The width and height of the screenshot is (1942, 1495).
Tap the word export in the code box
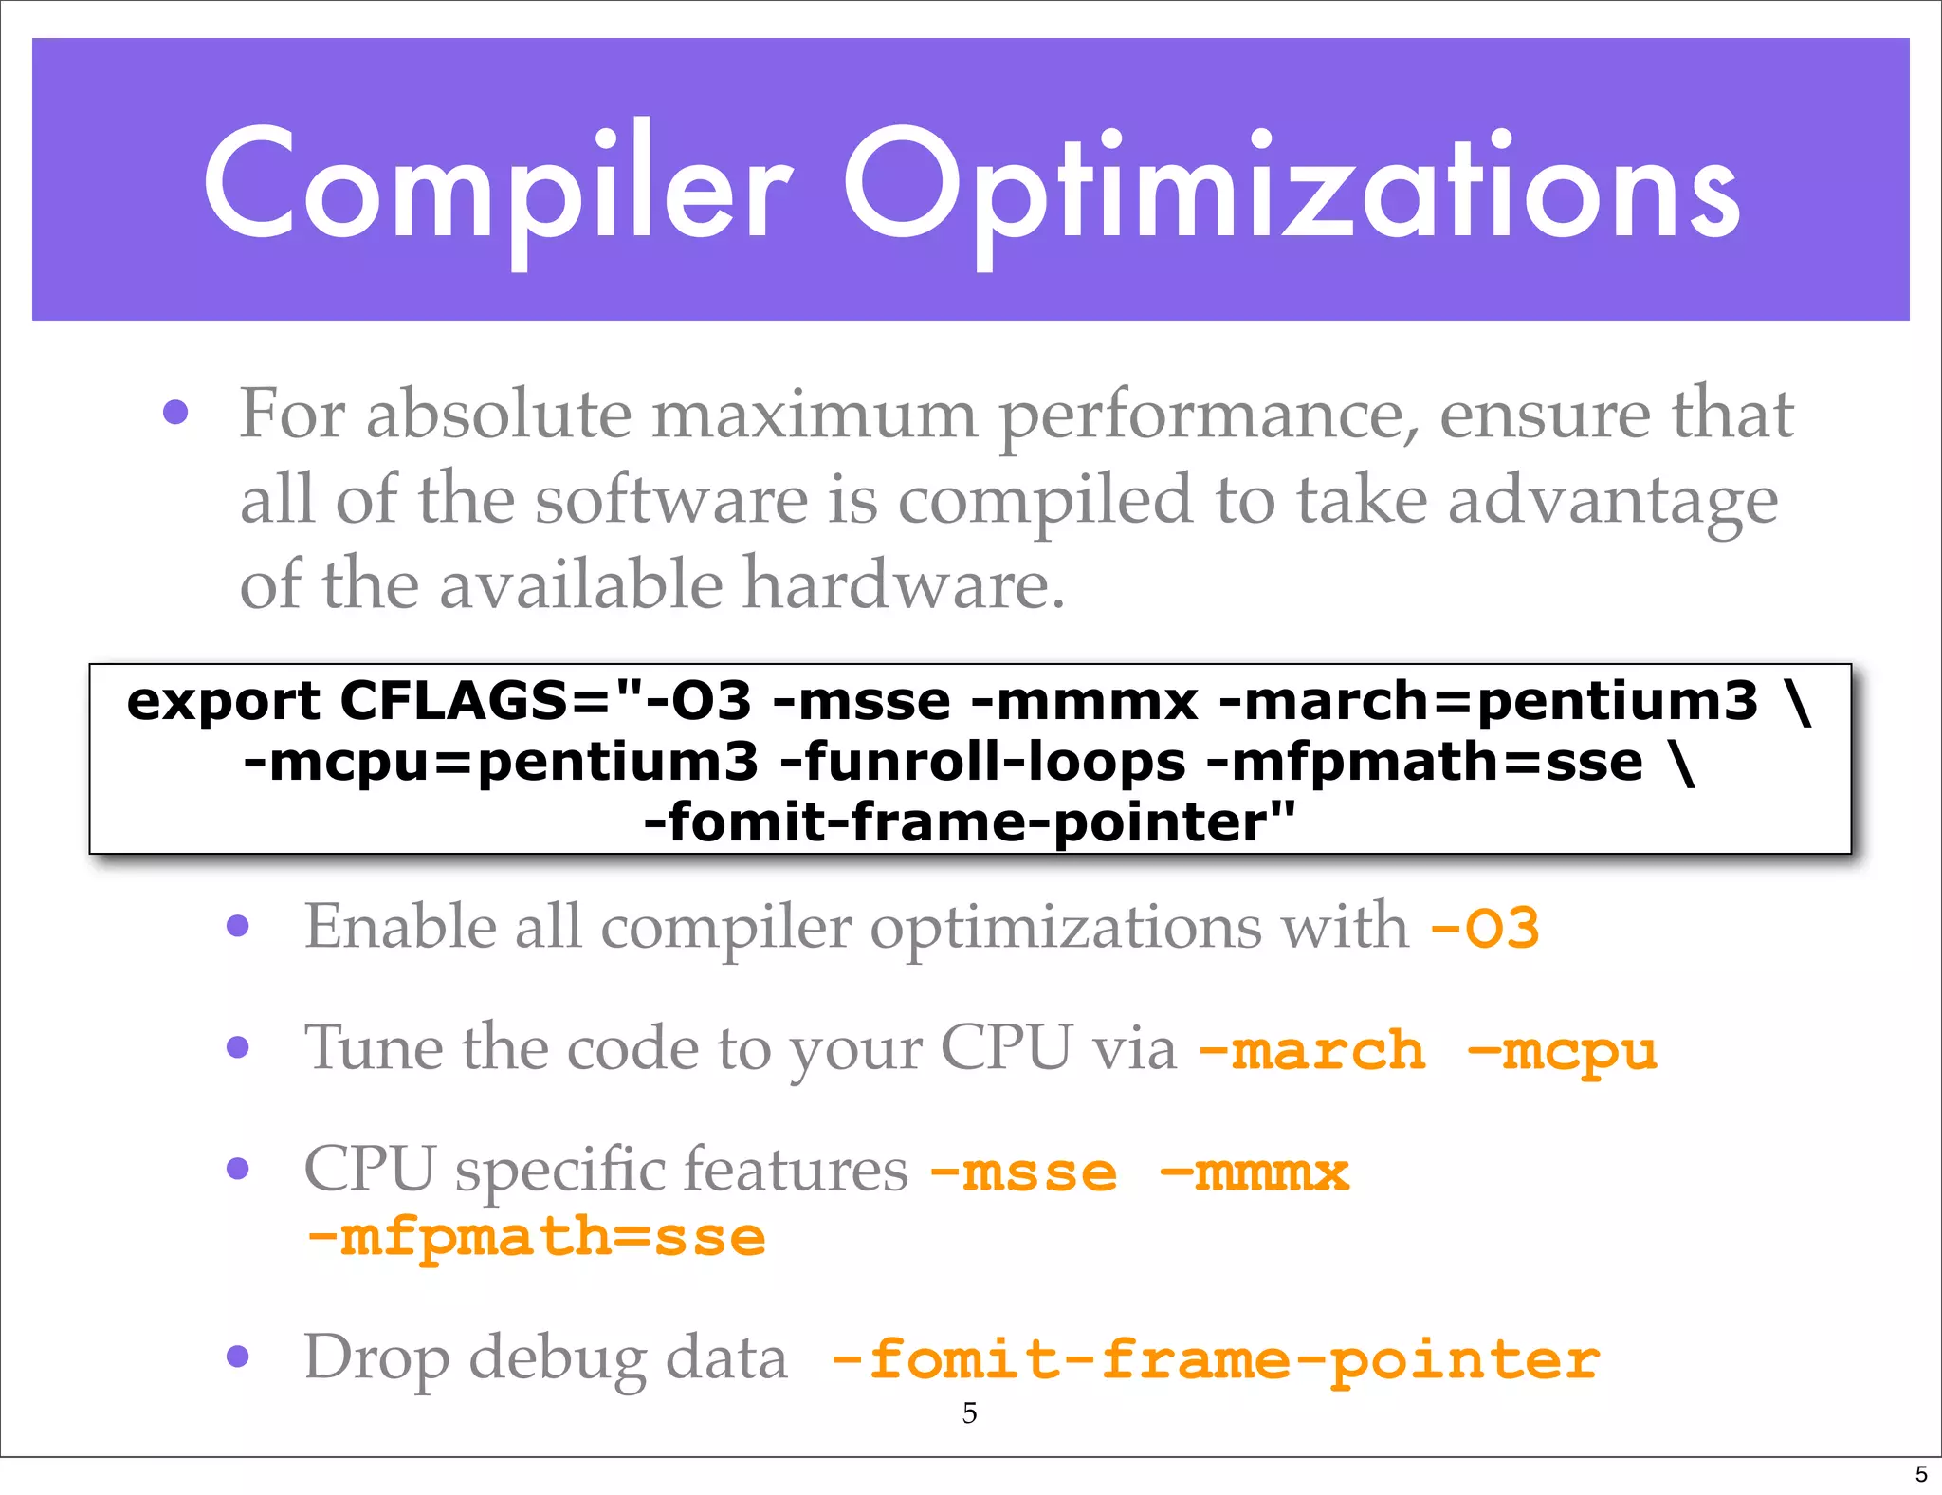pyautogui.click(x=224, y=702)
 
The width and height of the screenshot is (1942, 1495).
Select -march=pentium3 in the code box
pyautogui.click(x=1488, y=702)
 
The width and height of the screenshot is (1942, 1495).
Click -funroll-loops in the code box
pyautogui.click(x=982, y=763)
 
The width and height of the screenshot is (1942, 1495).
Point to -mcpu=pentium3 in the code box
pyautogui.click(x=501, y=763)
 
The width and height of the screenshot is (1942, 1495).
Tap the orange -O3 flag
pyautogui.click(x=1484, y=928)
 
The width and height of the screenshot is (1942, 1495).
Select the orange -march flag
pyautogui.click(x=1312, y=1051)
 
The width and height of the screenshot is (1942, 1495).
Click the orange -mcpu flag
pyautogui.click(x=1563, y=1051)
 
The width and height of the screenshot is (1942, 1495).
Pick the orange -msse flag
pyautogui.click(x=1024, y=1173)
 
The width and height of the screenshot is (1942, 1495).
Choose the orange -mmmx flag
pyautogui.click(x=1255, y=1173)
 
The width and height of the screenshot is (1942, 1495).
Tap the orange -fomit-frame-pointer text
pyautogui.click(x=1216, y=1360)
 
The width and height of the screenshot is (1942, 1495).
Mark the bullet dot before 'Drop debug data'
pyautogui.click(x=238, y=1357)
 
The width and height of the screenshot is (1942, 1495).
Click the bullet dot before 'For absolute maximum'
pyautogui.click(x=175, y=413)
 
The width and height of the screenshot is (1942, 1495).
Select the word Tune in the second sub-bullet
pyautogui.click(x=373, y=1048)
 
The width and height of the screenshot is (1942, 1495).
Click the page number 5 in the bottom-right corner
pyautogui.click(x=1921, y=1474)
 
